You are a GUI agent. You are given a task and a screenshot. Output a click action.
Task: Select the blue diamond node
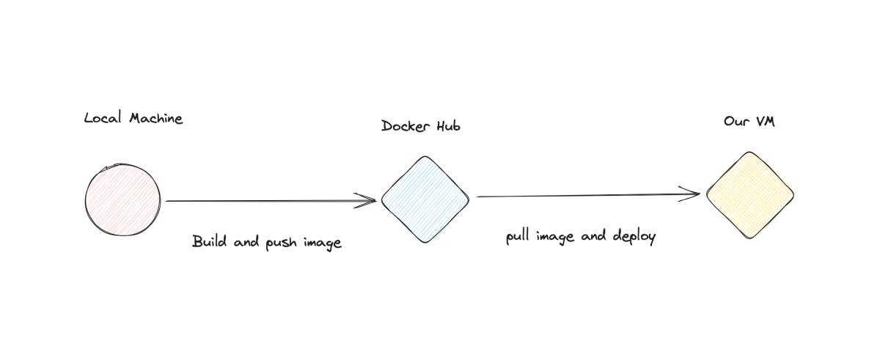(425, 199)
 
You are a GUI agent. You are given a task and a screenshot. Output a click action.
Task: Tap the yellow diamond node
(750, 194)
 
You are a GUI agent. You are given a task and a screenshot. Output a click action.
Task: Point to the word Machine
(155, 118)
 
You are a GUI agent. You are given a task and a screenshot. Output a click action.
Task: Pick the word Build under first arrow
(207, 241)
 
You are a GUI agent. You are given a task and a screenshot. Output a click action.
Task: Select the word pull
(516, 237)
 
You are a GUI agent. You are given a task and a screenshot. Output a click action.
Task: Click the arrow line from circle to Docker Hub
(264, 200)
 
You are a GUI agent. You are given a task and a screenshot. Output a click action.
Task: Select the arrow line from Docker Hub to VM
(587, 196)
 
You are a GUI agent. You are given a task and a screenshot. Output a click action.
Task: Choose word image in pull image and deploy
(557, 238)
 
